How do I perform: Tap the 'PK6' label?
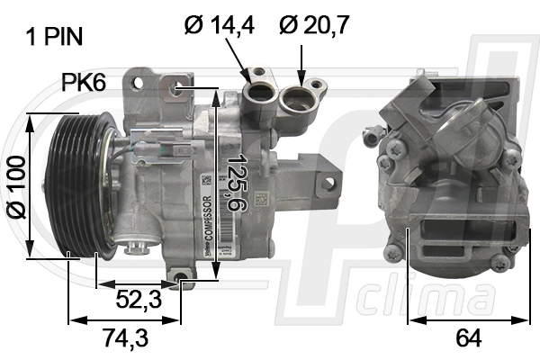click(84, 84)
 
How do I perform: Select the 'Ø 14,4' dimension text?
click(219, 24)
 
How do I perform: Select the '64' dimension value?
click(468, 338)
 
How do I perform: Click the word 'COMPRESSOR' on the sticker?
click(207, 220)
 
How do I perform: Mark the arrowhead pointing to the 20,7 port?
click(301, 76)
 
